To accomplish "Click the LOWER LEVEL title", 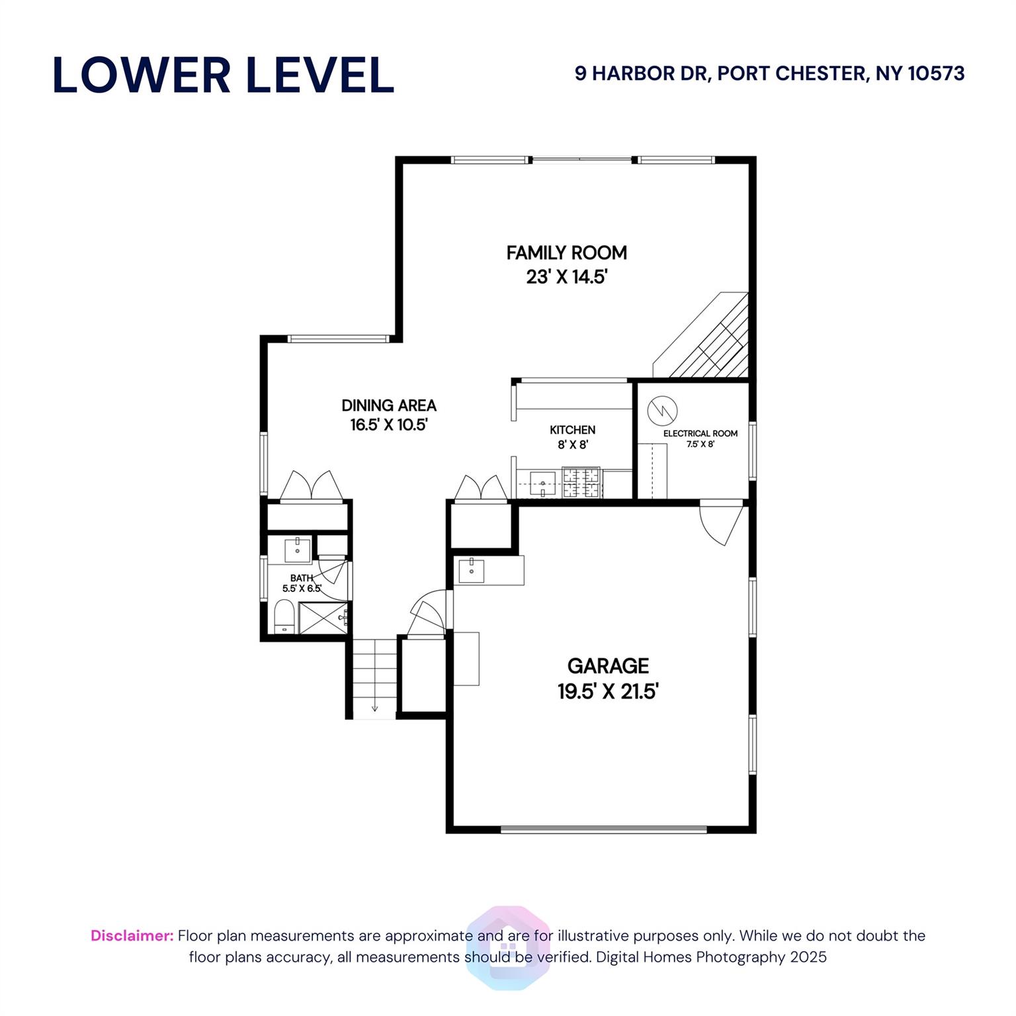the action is coord(224,75).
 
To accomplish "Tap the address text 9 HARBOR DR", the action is coord(642,73).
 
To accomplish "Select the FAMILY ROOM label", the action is coord(567,253).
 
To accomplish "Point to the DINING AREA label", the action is coord(389,405).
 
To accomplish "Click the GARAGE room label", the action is coord(609,665).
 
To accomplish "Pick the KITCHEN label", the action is coord(573,430).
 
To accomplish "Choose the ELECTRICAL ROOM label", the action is coord(700,433).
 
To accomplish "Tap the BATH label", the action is coord(302,578).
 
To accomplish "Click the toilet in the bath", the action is coord(284,616).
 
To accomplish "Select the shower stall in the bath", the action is coord(323,618).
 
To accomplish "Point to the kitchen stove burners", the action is coord(581,482).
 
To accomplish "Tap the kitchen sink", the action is coord(542,484).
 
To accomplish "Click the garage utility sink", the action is coord(472,571).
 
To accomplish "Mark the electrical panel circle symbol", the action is coord(663,410).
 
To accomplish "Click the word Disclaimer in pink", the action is coord(132,936).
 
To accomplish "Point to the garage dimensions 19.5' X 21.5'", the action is coord(609,692).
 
